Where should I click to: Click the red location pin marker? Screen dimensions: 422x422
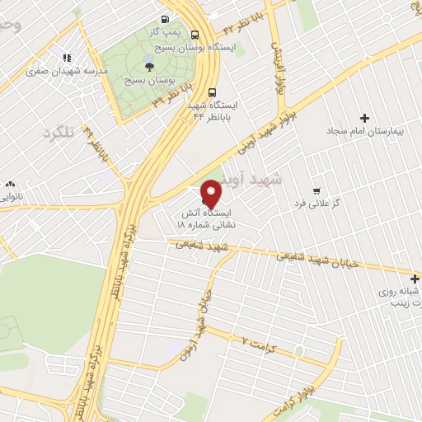click(212, 193)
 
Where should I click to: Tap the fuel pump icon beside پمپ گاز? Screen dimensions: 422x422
click(165, 19)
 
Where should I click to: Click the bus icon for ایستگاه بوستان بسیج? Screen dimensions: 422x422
click(195, 35)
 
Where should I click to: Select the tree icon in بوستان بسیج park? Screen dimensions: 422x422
click(148, 67)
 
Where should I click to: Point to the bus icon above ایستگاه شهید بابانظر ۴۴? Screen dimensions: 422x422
click(213, 92)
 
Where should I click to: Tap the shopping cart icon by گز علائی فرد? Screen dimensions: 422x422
click(316, 189)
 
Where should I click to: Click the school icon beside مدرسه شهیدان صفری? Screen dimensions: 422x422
click(67, 58)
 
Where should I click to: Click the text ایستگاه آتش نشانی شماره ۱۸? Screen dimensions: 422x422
click(208, 218)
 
